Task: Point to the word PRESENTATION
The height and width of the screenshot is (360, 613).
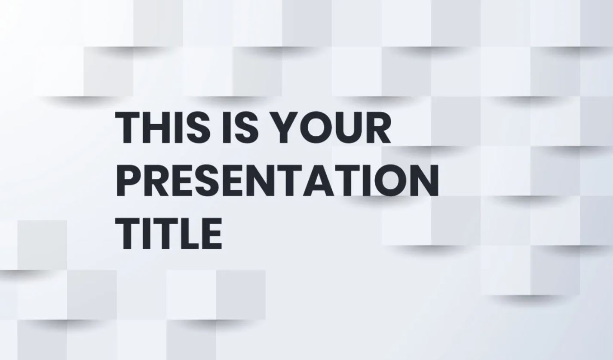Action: coord(278,180)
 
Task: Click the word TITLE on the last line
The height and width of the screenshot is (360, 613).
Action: coord(169,233)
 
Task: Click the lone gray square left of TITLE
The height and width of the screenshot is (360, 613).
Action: coord(42,245)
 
